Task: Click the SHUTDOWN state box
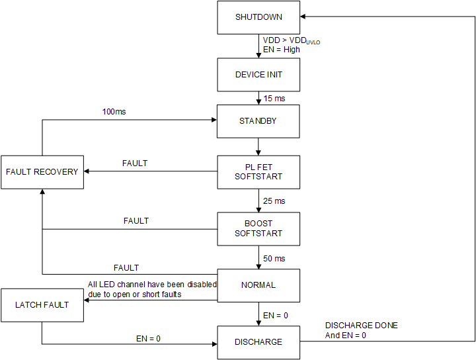[x=258, y=17]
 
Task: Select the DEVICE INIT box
[x=258, y=75]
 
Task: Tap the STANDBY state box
[x=258, y=121]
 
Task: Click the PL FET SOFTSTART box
[x=258, y=172]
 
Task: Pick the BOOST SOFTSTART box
[x=258, y=228]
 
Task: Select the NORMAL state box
[x=258, y=285]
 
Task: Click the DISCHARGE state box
[x=258, y=342]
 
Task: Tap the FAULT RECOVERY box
[x=42, y=172]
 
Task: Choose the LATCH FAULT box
[x=42, y=305]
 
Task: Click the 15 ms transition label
[x=274, y=99]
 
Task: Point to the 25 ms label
[x=274, y=201]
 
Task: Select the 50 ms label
[x=274, y=257]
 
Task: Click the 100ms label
[x=114, y=112]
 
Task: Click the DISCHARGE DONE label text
[x=362, y=326]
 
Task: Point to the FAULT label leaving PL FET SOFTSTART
[x=135, y=163]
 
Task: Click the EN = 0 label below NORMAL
[x=276, y=316]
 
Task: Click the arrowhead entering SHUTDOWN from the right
[x=304, y=17]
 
